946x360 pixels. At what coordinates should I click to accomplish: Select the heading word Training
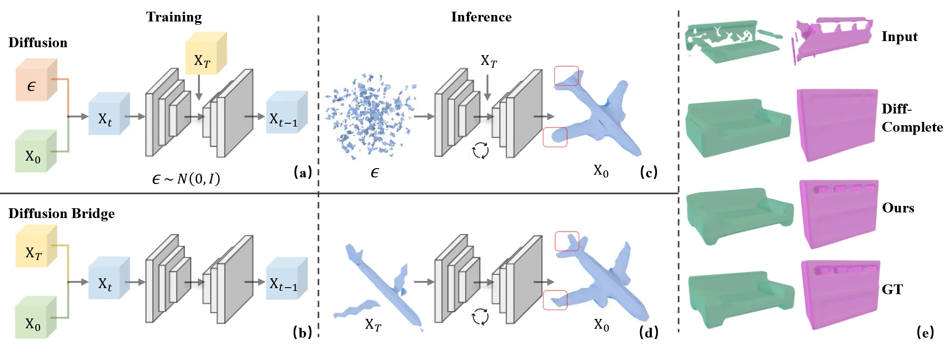[174, 17]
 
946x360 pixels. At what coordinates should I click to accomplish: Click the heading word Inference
[481, 17]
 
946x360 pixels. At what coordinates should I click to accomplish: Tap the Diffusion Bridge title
[61, 213]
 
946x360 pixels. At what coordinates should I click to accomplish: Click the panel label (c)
[649, 172]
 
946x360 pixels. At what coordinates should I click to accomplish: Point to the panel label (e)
[925, 332]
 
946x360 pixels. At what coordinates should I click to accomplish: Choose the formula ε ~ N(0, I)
[186, 179]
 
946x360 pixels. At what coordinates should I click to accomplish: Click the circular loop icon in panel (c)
[480, 151]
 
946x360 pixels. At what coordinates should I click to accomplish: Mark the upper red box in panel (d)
[567, 241]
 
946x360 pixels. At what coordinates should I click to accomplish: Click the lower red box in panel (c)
[555, 137]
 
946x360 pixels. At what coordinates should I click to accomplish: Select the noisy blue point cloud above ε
[369, 117]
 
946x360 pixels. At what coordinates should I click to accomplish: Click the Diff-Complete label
[911, 118]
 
